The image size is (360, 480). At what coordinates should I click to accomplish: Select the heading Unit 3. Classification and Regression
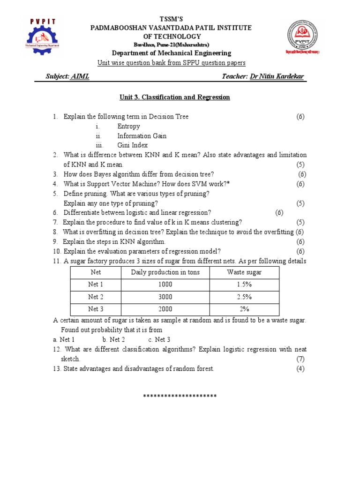(174, 97)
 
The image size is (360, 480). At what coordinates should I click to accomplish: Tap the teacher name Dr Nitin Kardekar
(277, 76)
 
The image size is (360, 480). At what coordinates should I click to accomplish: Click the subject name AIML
(80, 76)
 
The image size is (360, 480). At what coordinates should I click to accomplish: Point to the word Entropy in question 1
(128, 127)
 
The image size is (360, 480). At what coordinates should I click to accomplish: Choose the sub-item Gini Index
(132, 145)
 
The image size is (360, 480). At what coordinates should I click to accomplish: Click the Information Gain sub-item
(142, 136)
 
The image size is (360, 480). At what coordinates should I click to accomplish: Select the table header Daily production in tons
(165, 272)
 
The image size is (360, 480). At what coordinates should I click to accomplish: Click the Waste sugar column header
(244, 272)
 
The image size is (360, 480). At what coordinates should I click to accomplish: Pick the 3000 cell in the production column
(165, 297)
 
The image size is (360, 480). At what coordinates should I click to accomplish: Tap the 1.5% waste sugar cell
(244, 285)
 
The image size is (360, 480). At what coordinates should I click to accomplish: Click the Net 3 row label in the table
(96, 309)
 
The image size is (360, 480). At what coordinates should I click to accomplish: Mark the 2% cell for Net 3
(244, 309)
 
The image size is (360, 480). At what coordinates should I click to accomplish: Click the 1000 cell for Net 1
(165, 285)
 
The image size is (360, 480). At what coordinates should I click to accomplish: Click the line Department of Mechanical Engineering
(172, 53)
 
